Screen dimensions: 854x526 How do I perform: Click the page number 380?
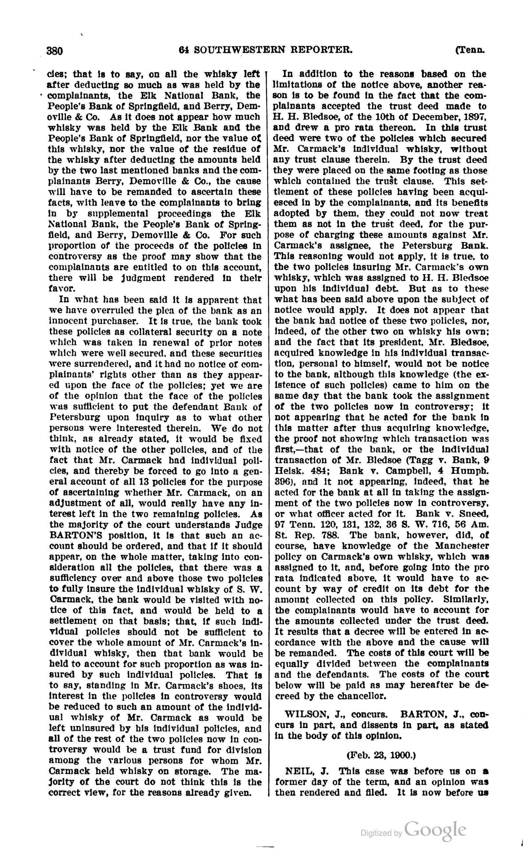pos(55,51)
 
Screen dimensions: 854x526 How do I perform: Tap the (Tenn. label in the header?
pos(469,50)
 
